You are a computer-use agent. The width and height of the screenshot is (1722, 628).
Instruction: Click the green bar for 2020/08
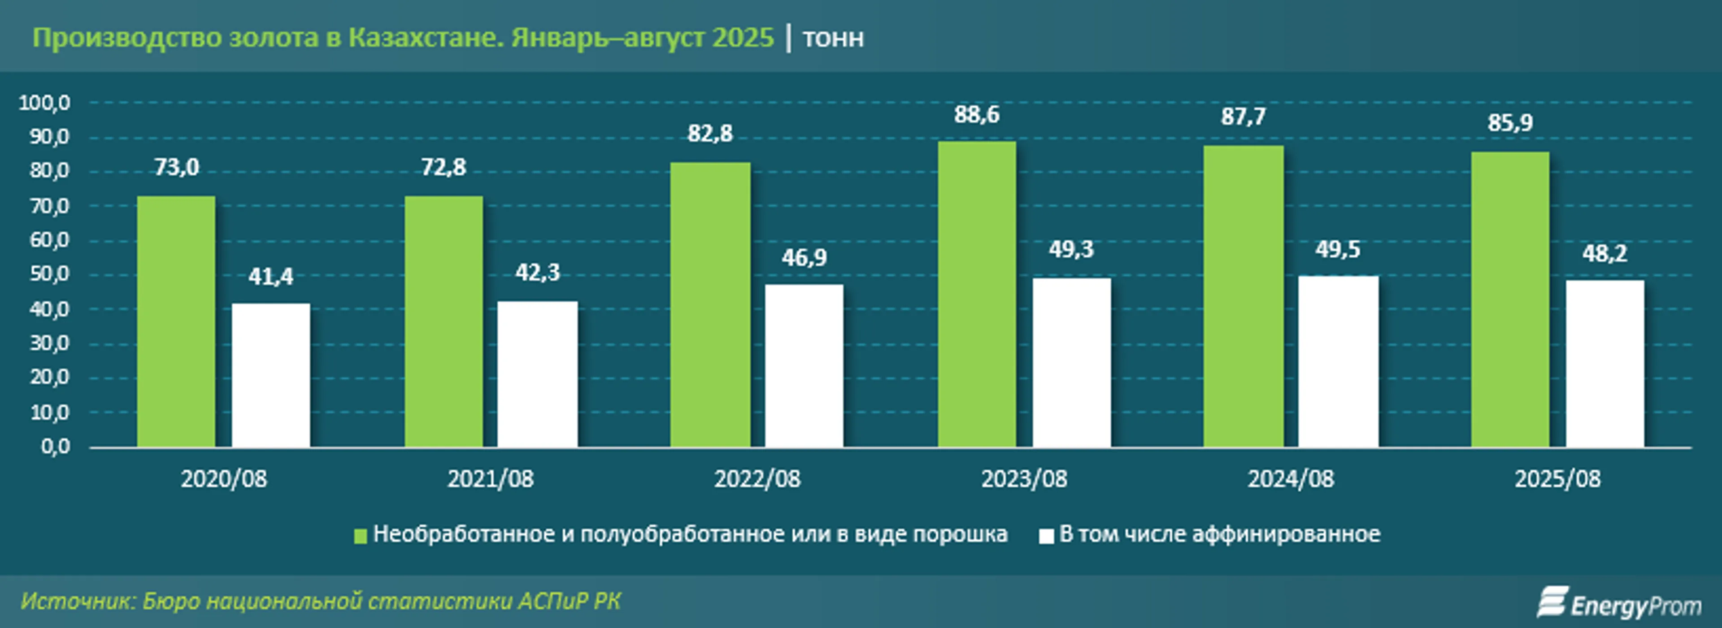(177, 321)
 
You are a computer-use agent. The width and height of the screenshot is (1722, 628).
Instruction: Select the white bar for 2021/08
(538, 374)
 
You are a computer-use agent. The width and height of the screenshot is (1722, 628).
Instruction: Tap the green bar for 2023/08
(977, 294)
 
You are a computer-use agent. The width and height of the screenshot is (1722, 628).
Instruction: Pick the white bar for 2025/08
(1605, 364)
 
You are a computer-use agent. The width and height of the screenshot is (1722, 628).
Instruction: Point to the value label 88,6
(977, 115)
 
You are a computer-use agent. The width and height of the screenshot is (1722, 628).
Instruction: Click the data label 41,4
(271, 277)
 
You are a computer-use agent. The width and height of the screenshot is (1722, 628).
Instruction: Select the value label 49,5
(1338, 249)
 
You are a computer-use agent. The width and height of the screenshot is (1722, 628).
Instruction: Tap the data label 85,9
(1510, 123)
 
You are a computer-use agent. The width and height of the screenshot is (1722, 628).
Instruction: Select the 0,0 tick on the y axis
(55, 446)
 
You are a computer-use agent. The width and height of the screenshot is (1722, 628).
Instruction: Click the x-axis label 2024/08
(1290, 479)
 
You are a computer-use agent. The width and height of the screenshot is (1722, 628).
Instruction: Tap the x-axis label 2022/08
(757, 479)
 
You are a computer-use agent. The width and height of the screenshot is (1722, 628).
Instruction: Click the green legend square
(360, 536)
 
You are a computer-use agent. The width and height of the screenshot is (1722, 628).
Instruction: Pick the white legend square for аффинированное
(1046, 536)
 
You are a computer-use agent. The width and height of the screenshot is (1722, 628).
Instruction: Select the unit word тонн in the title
(833, 38)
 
